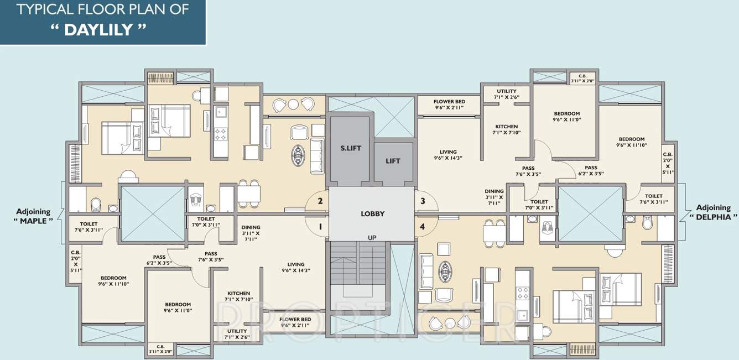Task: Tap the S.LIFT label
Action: (350, 148)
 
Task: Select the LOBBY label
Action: (372, 213)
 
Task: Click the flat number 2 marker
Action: (320, 201)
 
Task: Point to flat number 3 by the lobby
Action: (423, 201)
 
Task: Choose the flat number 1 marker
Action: (320, 226)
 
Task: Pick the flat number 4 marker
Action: (423, 226)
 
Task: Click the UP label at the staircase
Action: (372, 237)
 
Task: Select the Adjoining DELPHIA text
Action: (713, 212)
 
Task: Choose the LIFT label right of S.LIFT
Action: (393, 161)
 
